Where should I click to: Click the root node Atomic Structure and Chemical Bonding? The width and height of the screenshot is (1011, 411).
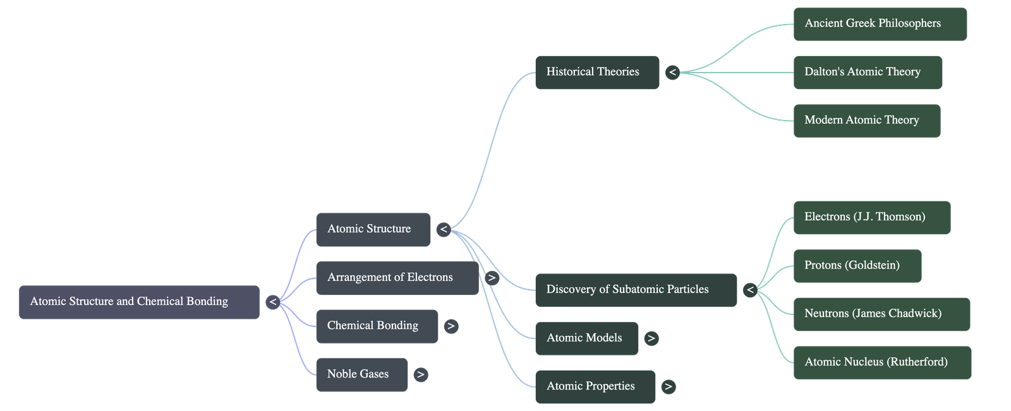(139, 302)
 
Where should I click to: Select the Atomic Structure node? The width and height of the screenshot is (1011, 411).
(373, 229)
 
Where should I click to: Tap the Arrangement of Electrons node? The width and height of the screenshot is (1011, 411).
(397, 278)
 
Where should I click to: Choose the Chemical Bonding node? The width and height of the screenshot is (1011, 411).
(377, 326)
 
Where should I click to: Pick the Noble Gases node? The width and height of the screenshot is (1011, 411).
(361, 374)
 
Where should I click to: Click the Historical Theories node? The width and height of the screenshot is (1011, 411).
(596, 72)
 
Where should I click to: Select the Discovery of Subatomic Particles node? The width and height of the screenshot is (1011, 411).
(635, 290)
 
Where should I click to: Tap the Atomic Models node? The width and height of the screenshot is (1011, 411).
(586, 338)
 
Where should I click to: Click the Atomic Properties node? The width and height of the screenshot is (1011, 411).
(595, 386)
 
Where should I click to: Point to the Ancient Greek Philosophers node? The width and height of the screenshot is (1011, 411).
(880, 24)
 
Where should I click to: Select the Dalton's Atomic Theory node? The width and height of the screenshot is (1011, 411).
(868, 72)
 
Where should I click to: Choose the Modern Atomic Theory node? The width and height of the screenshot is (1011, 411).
(866, 121)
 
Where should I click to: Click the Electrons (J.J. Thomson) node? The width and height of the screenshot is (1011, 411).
(871, 217)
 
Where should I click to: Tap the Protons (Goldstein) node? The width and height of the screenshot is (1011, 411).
(857, 266)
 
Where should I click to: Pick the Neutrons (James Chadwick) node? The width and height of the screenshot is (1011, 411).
(881, 314)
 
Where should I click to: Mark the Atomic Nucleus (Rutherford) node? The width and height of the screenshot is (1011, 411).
(881, 362)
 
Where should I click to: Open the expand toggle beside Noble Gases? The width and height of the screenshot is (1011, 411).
(421, 375)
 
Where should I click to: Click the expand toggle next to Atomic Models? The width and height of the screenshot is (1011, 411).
(651, 339)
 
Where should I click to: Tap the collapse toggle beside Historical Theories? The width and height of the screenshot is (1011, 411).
(672, 73)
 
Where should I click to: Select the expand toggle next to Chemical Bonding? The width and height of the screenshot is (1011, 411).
(451, 326)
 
